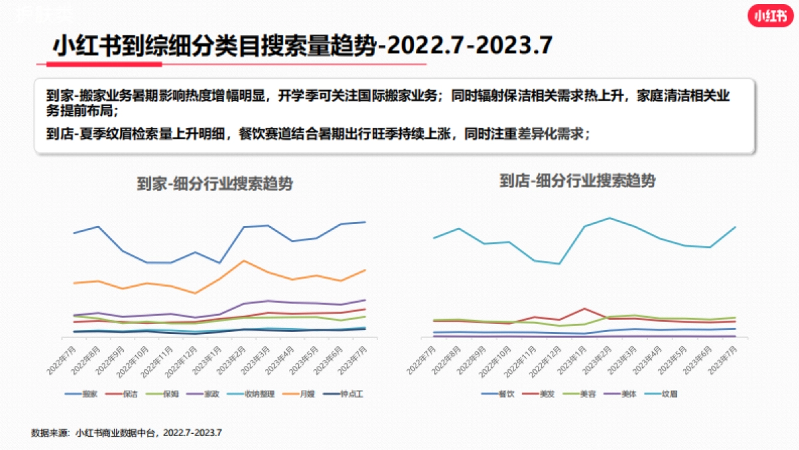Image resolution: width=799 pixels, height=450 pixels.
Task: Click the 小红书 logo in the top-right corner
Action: point(770,17)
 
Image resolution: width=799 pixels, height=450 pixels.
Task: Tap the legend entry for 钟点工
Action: point(350,394)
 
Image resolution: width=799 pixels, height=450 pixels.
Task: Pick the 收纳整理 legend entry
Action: point(256,394)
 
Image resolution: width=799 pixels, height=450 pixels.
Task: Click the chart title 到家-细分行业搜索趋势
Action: point(214,184)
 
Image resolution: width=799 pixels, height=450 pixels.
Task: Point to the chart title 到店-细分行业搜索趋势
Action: point(577,181)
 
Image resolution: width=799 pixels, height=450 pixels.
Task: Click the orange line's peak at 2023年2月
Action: point(244,261)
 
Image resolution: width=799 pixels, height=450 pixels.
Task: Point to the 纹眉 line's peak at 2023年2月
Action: point(609,218)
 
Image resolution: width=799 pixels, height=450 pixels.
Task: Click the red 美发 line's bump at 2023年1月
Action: point(584,309)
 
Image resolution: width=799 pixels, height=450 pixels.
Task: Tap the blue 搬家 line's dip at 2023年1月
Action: point(219,263)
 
